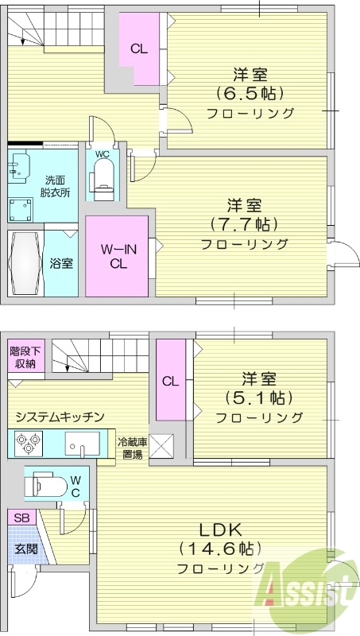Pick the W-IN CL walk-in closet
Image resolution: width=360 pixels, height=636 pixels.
click(117, 257)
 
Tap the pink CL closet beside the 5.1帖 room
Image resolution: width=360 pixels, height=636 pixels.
click(170, 380)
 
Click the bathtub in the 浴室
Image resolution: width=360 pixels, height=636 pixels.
click(23, 263)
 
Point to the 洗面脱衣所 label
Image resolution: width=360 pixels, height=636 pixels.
click(57, 185)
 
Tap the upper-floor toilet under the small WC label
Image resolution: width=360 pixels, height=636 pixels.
click(103, 176)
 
